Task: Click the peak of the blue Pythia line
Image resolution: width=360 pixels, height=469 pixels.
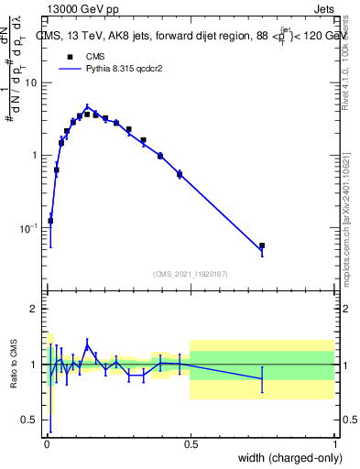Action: tap(87, 106)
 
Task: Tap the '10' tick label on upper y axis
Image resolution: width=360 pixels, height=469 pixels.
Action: tap(31, 82)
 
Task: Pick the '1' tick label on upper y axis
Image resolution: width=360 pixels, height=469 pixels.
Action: tap(35, 155)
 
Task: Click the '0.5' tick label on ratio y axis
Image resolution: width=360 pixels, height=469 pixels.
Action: tap(30, 420)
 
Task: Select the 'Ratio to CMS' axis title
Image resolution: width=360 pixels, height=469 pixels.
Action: tap(14, 365)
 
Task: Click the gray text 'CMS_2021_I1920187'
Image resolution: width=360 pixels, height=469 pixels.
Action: tap(190, 274)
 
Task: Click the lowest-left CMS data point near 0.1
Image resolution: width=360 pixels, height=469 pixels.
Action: tap(50, 221)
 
